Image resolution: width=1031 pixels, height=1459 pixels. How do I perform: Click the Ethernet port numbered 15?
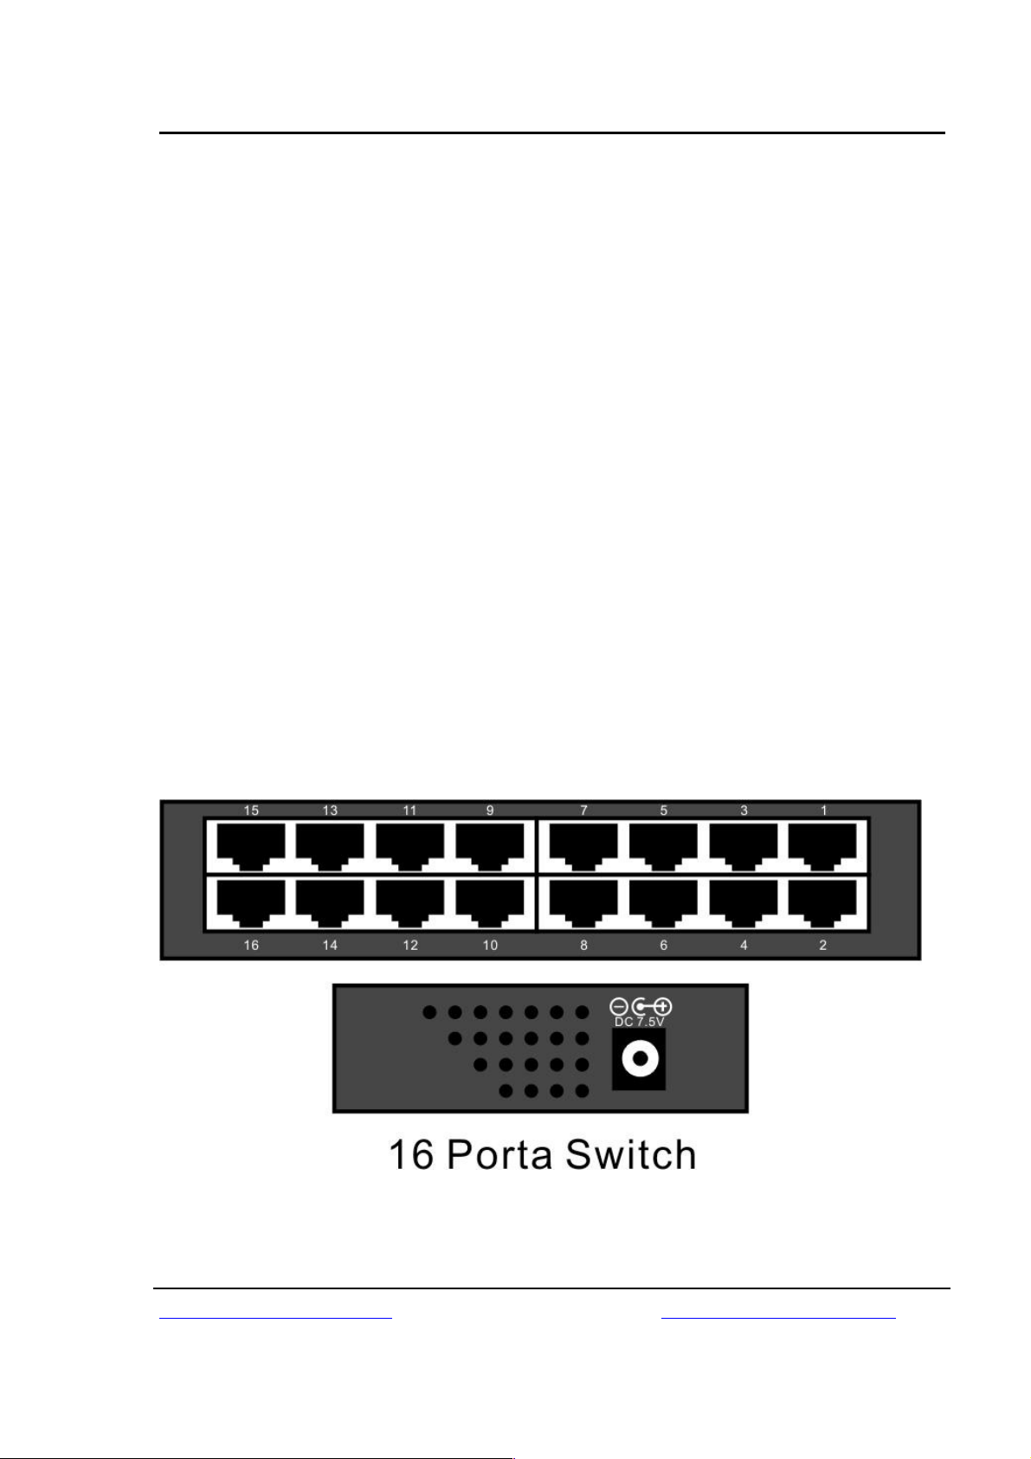[x=251, y=846]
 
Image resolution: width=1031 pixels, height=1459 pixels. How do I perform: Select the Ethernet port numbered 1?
[x=822, y=846]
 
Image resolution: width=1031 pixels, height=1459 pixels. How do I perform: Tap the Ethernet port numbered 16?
[x=251, y=903]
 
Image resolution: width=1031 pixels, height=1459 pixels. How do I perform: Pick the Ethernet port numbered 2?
[x=822, y=903]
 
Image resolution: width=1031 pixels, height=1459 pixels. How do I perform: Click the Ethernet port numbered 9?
[x=490, y=846]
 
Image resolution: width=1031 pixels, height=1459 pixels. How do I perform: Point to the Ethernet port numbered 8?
[x=583, y=903]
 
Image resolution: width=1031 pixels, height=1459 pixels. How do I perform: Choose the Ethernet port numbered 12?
[x=410, y=903]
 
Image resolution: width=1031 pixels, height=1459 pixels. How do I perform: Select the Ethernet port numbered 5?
[x=664, y=846]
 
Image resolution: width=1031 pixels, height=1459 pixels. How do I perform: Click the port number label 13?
[x=330, y=810]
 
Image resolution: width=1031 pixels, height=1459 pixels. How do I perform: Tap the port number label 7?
[x=584, y=810]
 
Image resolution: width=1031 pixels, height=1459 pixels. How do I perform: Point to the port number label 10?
[x=490, y=945]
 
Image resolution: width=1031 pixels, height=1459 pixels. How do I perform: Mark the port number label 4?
[x=744, y=945]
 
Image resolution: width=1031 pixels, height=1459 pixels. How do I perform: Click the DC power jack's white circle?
[x=641, y=1058]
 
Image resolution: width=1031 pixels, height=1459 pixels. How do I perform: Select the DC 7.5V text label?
[x=639, y=1022]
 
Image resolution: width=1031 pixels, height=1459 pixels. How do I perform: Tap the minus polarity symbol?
[x=618, y=1007]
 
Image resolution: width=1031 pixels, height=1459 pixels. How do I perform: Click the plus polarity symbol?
[x=664, y=1007]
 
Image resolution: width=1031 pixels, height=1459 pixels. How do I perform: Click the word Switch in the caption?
[x=630, y=1155]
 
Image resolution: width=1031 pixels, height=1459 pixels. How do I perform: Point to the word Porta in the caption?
[x=499, y=1155]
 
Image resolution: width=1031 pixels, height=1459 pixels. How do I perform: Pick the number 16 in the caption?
[x=411, y=1155]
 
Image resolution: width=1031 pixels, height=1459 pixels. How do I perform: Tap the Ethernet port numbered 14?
[x=330, y=903]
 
